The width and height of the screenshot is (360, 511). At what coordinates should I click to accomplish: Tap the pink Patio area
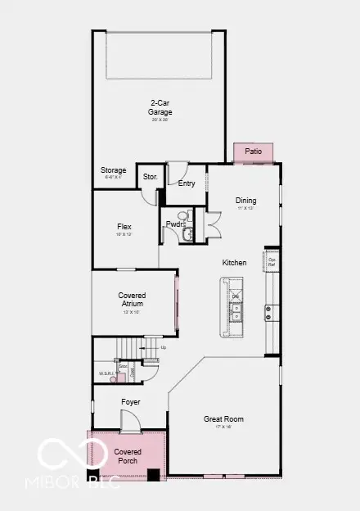(253, 152)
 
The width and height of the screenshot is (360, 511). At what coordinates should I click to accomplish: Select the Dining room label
(245, 201)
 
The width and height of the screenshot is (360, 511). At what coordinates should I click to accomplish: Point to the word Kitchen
(235, 263)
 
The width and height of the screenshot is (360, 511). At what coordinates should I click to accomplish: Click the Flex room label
(124, 227)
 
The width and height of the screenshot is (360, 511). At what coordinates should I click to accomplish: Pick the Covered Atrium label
(132, 299)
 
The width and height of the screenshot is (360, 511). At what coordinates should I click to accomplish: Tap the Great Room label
(223, 419)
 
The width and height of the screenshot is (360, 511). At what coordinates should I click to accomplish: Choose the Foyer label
(131, 402)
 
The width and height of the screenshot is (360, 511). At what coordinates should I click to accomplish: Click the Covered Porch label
(128, 456)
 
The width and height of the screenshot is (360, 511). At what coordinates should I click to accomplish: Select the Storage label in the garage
(114, 170)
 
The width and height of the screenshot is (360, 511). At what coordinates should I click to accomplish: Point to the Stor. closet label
(150, 176)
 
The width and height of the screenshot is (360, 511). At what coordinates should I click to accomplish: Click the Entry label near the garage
(187, 183)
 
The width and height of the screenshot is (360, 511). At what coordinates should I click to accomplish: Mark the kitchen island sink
(236, 312)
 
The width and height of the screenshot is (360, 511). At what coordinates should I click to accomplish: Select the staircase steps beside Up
(130, 349)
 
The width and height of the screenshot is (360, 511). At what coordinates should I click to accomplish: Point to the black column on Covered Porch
(154, 473)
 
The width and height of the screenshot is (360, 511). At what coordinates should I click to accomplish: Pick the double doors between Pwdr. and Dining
(213, 223)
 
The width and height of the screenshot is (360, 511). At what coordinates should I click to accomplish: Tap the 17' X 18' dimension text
(223, 427)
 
